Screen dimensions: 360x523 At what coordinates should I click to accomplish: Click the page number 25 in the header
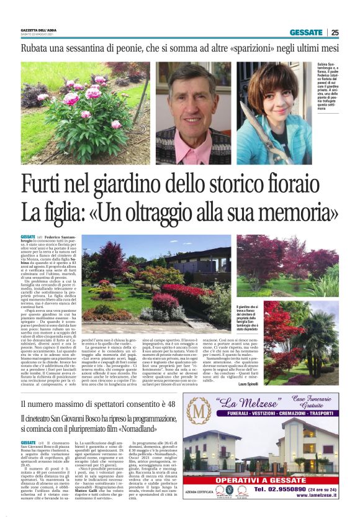point(335,32)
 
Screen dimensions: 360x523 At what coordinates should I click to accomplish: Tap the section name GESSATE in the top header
point(306,32)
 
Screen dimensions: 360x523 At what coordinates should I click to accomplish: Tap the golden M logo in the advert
point(199,412)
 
